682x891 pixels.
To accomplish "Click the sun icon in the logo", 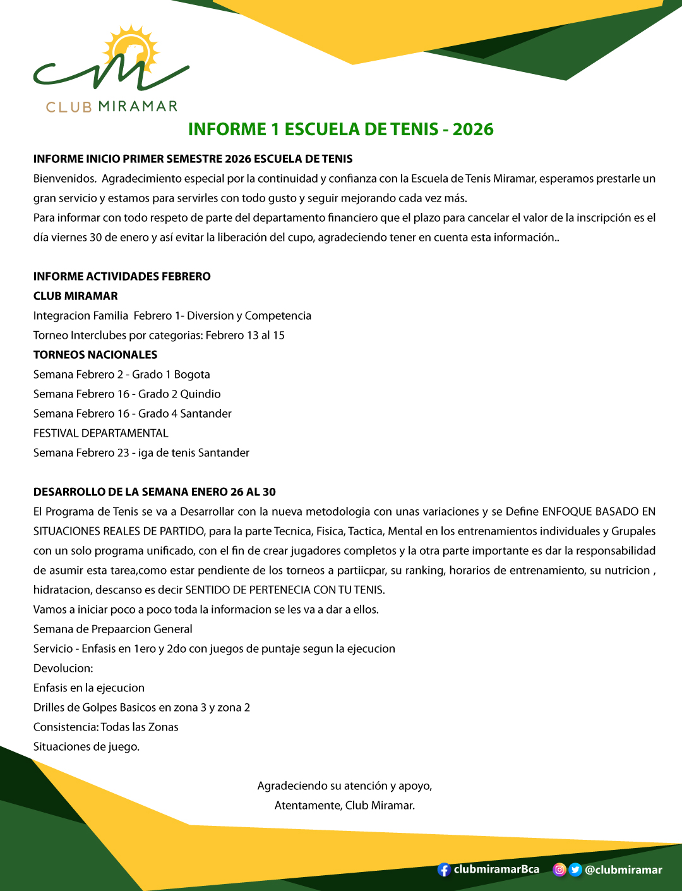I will pyautogui.click(x=131, y=49).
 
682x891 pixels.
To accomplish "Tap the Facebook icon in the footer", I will pyautogui.click(x=444, y=870).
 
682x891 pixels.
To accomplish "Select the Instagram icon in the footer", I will pyautogui.click(x=559, y=870).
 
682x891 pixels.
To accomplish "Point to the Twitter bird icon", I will pyautogui.click(x=575, y=870).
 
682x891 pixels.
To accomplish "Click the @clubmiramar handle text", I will pyautogui.click(x=623, y=870).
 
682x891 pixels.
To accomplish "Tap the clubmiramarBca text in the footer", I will pyautogui.click(x=496, y=869).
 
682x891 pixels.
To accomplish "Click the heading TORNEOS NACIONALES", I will pyautogui.click(x=95, y=355).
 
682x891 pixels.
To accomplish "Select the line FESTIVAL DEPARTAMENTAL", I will pyautogui.click(x=101, y=433).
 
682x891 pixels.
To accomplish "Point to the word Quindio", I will pyautogui.click(x=200, y=394).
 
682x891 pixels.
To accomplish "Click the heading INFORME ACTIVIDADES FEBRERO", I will pyautogui.click(x=122, y=276).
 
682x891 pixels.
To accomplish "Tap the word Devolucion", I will pyautogui.click(x=63, y=668).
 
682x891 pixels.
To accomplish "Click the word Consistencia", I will pyautogui.click(x=66, y=727).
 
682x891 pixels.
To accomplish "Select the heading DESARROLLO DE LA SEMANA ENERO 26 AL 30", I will pyautogui.click(x=155, y=492).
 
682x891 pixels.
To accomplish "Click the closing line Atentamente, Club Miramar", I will pyautogui.click(x=345, y=805).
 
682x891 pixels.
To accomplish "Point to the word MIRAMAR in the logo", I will pyautogui.click(x=138, y=106).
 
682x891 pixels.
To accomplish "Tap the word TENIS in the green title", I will pyautogui.click(x=414, y=129).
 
